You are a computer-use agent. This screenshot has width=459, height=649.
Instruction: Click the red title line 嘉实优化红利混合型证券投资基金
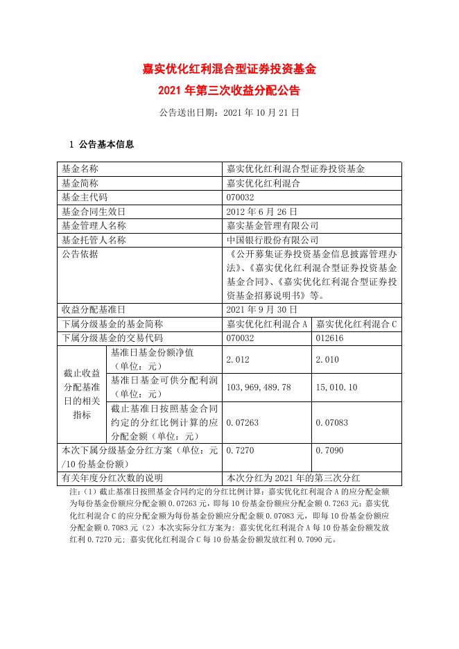[229, 69]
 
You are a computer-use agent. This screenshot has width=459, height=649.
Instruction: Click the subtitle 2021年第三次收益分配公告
[229, 90]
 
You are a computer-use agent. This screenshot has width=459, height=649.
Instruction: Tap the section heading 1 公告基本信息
[101, 145]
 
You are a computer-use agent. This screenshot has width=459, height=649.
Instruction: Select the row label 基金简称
[80, 183]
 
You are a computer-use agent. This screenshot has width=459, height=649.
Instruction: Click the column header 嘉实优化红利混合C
[356, 324]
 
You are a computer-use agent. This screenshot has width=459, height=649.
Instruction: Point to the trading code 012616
[329, 338]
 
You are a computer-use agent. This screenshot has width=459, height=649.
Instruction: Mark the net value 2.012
[238, 359]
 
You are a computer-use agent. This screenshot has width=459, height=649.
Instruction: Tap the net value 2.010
[327, 359]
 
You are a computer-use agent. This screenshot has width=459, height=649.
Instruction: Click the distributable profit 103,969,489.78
[259, 387]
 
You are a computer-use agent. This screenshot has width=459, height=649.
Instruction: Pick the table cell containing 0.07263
[242, 422]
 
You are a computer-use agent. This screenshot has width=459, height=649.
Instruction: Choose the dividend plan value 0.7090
[329, 450]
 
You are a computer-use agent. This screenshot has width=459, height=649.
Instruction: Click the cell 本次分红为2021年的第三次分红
[292, 478]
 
